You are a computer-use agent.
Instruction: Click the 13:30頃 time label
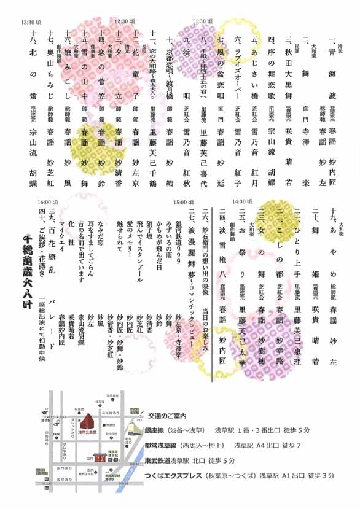click(31, 22)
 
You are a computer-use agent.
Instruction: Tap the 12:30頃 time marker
click(125, 20)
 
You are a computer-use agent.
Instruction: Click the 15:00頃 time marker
click(184, 202)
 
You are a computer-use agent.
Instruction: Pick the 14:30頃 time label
click(241, 201)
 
